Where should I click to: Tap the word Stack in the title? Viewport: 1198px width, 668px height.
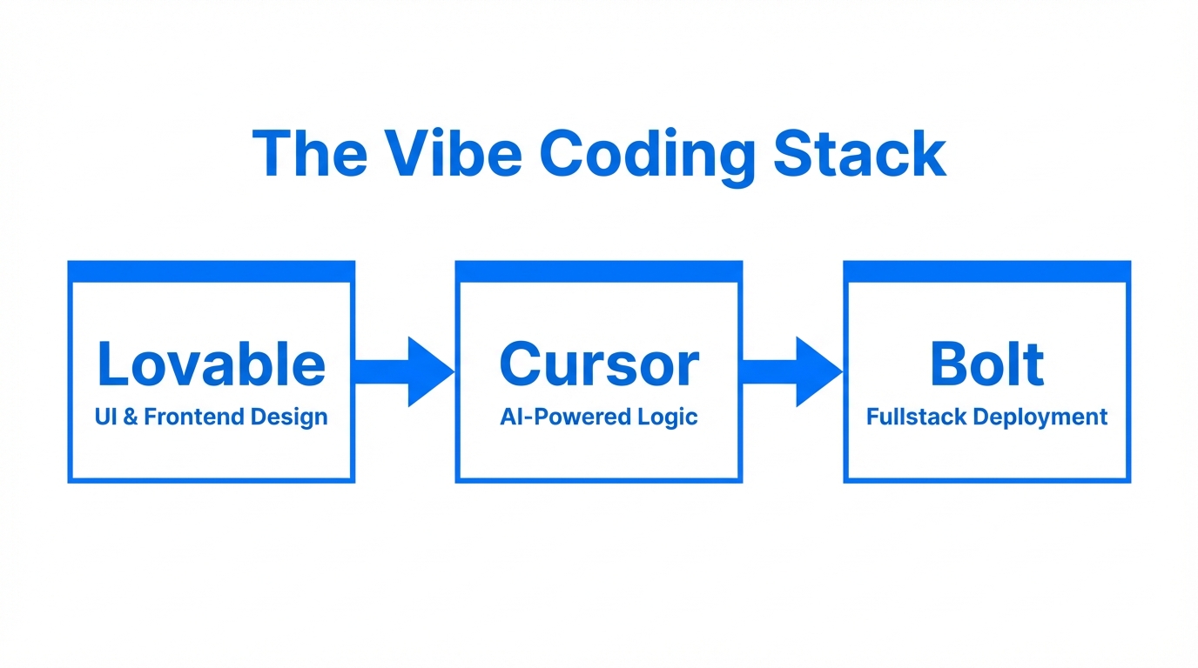859,155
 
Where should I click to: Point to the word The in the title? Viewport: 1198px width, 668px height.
311,155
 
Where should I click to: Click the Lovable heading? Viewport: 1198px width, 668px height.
212,364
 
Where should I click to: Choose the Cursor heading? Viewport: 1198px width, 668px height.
599,364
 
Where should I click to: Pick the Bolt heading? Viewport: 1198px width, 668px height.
986,364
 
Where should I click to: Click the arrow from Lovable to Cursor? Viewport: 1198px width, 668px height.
404,371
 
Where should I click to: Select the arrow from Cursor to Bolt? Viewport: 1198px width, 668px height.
791,371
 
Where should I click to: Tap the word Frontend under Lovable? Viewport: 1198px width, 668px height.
195,417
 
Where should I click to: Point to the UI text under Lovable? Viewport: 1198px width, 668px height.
104,417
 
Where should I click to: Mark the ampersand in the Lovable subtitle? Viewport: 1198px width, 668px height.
130,417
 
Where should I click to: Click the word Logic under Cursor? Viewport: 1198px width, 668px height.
667,417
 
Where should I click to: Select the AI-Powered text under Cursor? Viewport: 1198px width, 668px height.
565,417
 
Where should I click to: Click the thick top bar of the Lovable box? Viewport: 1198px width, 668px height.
212,271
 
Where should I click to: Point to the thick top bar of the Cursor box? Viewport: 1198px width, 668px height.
599,271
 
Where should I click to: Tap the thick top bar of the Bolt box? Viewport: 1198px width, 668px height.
987,271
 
